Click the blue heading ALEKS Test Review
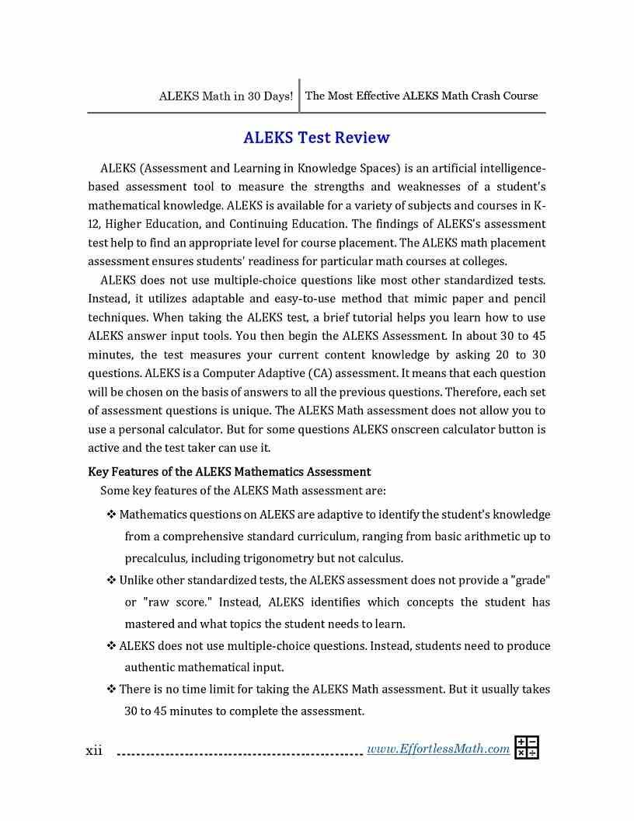(x=316, y=138)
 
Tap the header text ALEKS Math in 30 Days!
(x=225, y=96)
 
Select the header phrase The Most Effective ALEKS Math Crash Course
(x=421, y=96)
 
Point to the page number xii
(x=94, y=750)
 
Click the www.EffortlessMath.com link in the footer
(x=437, y=749)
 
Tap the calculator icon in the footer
(x=527, y=747)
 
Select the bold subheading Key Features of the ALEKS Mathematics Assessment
(x=229, y=472)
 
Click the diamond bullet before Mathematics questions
(x=111, y=515)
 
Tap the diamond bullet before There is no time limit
(x=111, y=689)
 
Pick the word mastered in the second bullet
(x=149, y=624)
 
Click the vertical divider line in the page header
(x=299, y=96)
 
